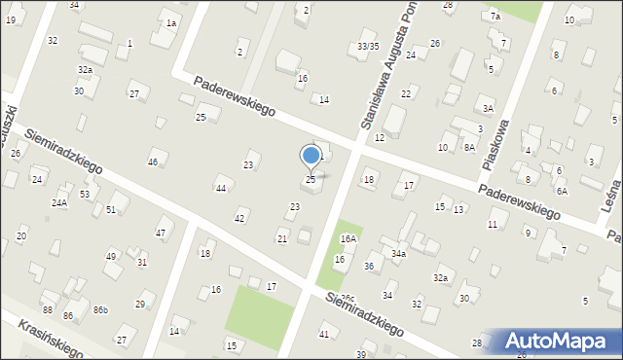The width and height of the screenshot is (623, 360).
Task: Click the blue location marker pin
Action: tap(311, 156)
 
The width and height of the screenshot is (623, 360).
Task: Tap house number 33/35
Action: tap(368, 46)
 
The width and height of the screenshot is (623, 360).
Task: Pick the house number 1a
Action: tap(171, 22)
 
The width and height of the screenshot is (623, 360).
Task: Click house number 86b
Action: tap(100, 309)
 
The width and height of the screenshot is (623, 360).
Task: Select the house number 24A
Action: tap(59, 202)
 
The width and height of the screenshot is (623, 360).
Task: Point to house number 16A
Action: tap(348, 238)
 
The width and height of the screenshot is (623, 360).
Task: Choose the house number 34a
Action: tap(398, 253)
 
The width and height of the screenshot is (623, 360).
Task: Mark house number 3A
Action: tap(488, 109)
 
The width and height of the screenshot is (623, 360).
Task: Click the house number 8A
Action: tap(469, 147)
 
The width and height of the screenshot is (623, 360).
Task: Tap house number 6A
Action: tap(562, 191)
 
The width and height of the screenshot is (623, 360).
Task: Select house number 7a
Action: tap(495, 17)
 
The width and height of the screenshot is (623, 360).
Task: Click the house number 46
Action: tap(152, 162)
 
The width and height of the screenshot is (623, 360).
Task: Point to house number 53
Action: tap(85, 195)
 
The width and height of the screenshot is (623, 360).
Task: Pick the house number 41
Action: tap(324, 334)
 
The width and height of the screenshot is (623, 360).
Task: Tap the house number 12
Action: tap(380, 138)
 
